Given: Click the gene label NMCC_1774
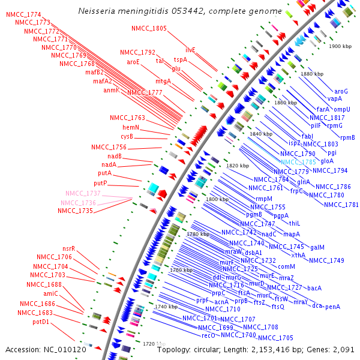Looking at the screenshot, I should [x=23, y=14].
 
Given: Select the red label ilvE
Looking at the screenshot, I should [x=190, y=50].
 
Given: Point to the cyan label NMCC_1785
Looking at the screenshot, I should [x=298, y=162].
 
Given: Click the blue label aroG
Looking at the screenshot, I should [x=341, y=91].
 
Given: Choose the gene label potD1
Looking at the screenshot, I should [x=41, y=322].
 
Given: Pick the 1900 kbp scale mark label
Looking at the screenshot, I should [x=340, y=46].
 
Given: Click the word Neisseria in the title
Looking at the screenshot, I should [x=98, y=11].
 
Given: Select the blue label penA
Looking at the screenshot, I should [x=332, y=307].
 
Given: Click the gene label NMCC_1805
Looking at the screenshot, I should [x=149, y=28].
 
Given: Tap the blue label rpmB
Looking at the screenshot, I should [x=347, y=137].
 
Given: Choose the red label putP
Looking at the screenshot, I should [x=100, y=183].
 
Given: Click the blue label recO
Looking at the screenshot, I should [x=208, y=336].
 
